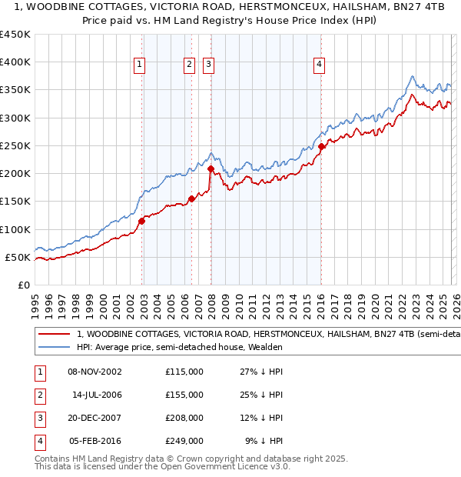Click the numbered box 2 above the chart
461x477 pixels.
pos(188,65)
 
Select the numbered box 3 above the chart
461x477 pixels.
pos(208,65)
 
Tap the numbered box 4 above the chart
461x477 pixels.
pos(318,65)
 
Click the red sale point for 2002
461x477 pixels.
pos(142,222)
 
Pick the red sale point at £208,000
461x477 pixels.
pos(211,168)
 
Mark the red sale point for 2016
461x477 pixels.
pos(321,146)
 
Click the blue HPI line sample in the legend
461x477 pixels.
pos(53,347)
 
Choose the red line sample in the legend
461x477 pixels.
pos(53,335)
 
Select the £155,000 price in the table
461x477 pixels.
pos(184,395)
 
